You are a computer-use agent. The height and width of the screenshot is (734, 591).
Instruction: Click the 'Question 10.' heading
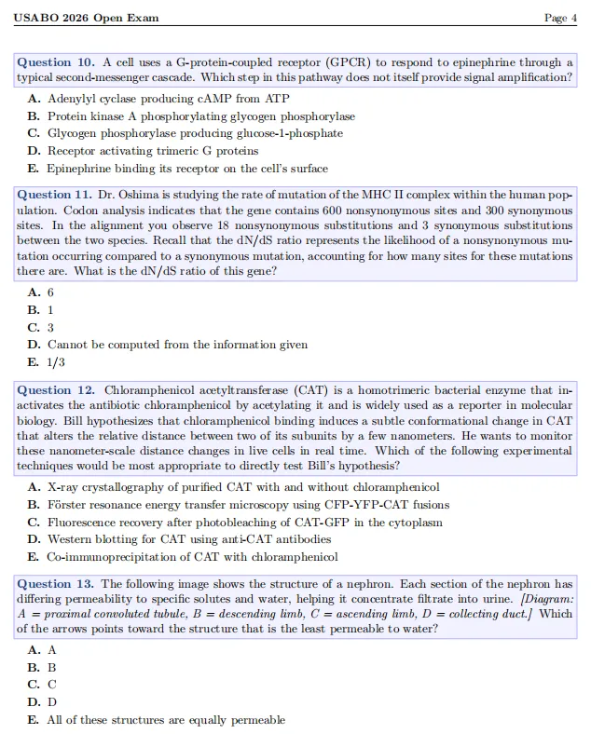57,62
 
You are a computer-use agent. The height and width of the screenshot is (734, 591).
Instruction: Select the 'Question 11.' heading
57,195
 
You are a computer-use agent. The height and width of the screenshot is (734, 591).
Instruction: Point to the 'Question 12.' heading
57,390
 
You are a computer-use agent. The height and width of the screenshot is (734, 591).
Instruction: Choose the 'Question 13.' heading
57,584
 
